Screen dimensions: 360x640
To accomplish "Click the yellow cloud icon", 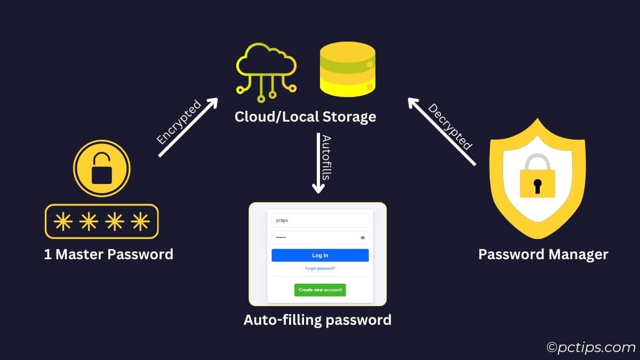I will coord(266,69).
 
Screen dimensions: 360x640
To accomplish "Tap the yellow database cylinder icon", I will coord(347,69).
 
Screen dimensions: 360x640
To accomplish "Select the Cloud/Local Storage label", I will coord(305,116).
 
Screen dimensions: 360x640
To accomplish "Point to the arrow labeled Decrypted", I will coord(441,131).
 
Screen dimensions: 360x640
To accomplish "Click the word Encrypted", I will coord(179,122).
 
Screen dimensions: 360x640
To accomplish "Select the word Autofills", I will coord(327,157).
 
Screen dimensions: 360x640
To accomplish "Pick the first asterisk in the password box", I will coord(63,221).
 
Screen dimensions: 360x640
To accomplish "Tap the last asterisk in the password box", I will coord(140,221).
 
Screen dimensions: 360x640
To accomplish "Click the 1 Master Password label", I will coord(109,254).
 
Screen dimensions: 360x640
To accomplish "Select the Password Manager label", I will coord(543,254).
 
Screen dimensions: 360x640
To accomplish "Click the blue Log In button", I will coord(320,255).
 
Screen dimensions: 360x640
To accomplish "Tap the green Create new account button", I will coord(320,290).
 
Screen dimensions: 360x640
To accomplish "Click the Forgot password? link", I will coord(320,269).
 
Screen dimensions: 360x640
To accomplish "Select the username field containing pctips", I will coord(320,220).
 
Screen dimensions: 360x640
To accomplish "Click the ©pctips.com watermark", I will coord(590,348).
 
